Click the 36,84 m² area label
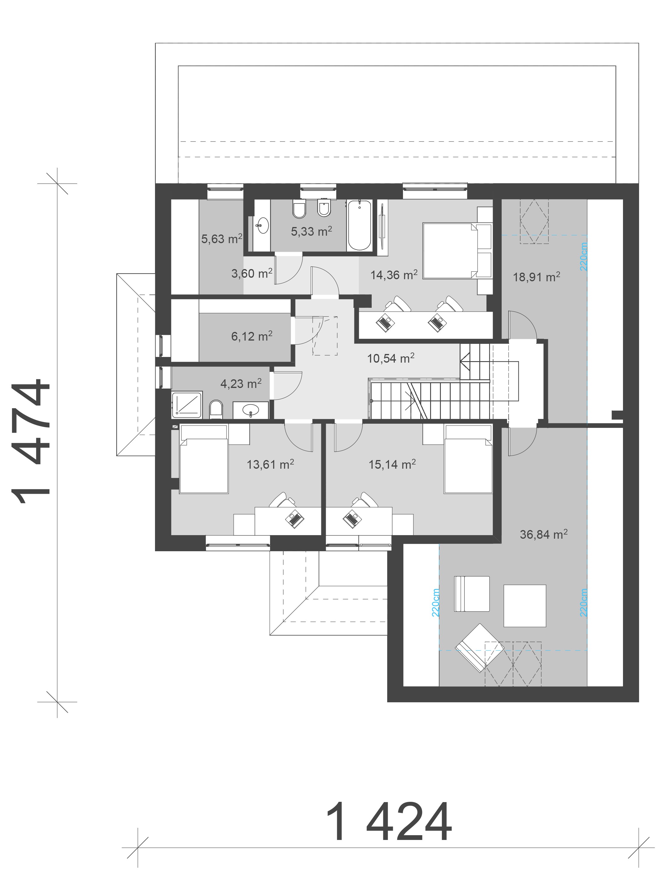click(x=543, y=534)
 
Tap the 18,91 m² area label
click(x=536, y=277)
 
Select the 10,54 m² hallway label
click(x=390, y=358)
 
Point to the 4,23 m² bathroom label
click(x=241, y=383)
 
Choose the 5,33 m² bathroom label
click(x=311, y=231)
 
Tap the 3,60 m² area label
click(x=252, y=273)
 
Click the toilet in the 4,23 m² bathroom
click(x=216, y=409)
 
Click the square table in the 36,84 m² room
click(x=525, y=606)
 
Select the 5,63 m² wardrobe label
click(x=221, y=239)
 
